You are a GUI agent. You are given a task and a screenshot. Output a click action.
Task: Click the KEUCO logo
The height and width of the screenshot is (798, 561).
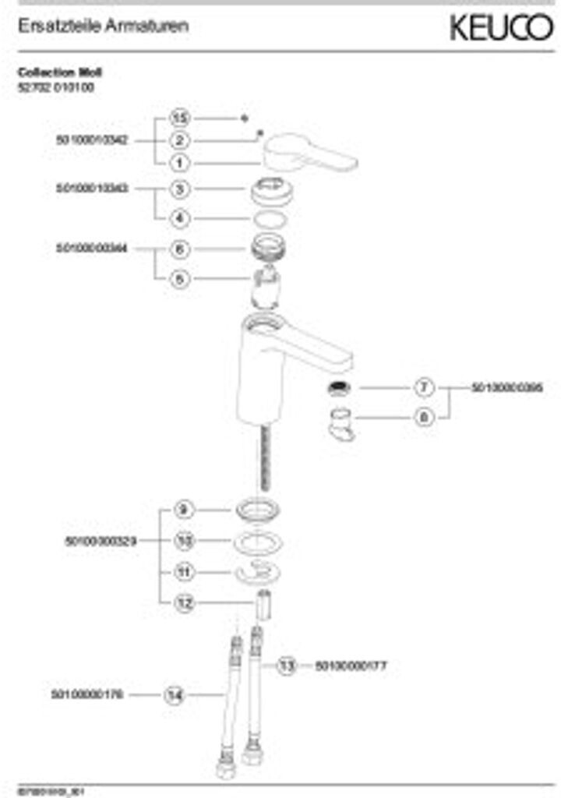[x=500, y=29]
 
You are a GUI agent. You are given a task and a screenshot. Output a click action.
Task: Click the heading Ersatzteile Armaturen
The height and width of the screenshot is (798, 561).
[x=103, y=26]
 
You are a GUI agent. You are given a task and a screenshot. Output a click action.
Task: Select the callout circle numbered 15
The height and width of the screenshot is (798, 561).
[x=180, y=118]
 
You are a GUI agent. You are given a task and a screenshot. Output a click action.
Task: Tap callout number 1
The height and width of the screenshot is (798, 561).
[x=180, y=163]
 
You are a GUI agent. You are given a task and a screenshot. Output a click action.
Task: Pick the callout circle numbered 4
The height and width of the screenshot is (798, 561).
[x=180, y=218]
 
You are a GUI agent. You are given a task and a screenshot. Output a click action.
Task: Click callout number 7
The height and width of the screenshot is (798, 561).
[x=424, y=387]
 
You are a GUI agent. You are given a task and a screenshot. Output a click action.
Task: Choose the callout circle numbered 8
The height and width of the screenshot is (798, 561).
[x=424, y=417]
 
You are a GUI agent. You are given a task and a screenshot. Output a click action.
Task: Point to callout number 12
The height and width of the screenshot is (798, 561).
[x=184, y=602]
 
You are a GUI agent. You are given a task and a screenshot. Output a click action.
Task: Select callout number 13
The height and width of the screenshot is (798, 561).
[x=288, y=666]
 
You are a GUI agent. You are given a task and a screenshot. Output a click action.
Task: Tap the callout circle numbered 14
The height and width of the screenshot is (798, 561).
[x=174, y=694]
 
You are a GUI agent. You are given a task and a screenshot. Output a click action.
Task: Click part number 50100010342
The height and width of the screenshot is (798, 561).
[x=93, y=140]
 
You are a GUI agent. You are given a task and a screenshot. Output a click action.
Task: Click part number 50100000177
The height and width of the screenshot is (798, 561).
[x=351, y=666]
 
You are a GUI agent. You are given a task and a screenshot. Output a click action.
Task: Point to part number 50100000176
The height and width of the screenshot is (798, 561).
[x=87, y=694]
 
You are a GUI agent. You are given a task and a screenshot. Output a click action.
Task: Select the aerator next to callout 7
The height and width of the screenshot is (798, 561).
[x=339, y=387]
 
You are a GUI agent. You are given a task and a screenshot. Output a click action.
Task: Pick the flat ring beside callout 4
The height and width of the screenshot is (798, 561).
[x=273, y=219]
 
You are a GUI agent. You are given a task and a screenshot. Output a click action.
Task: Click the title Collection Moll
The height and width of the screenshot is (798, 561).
[x=60, y=72]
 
